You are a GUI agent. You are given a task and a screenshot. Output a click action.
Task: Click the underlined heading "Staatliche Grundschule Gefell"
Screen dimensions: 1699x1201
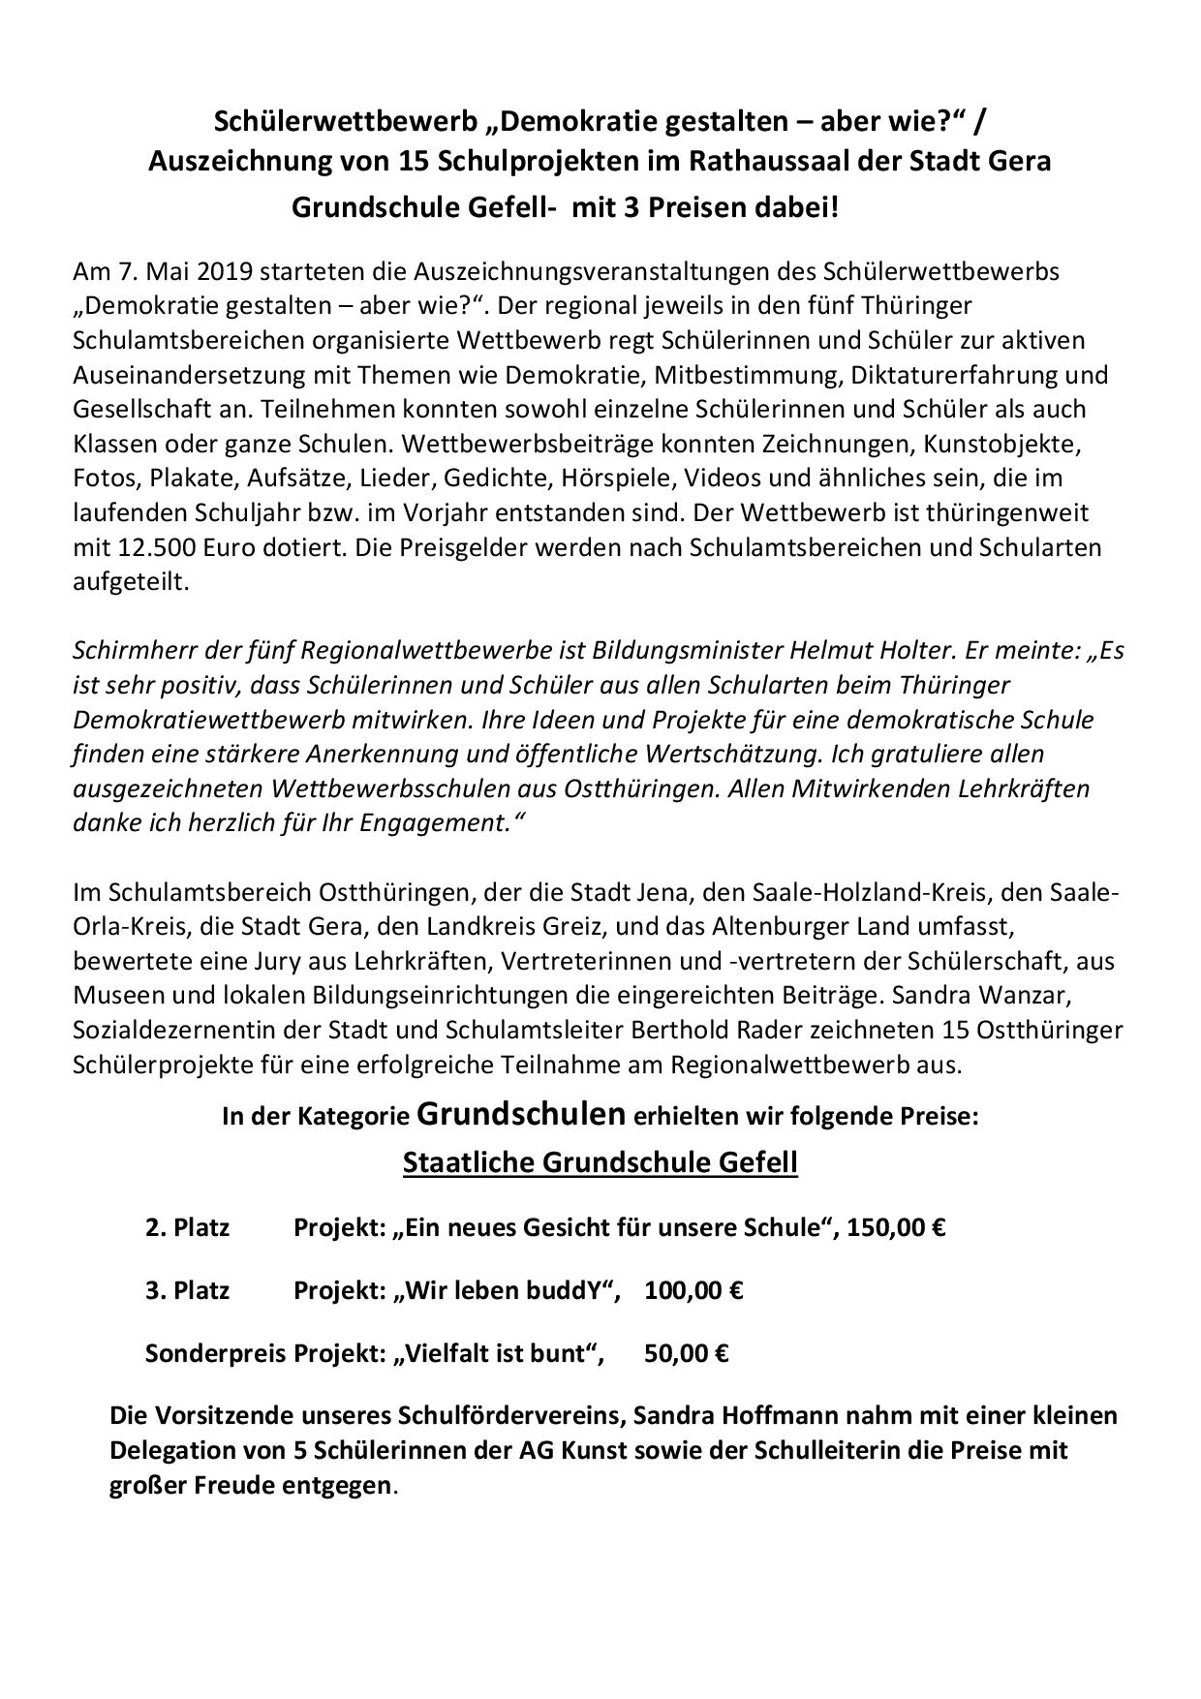pyautogui.click(x=600, y=1162)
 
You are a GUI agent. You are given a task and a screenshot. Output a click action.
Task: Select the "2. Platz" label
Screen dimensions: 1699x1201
pyautogui.click(x=187, y=1228)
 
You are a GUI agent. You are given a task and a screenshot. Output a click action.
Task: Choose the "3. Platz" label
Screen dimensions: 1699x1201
pyautogui.click(x=187, y=1290)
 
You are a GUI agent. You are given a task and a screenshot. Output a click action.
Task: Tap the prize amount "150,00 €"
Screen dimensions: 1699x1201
pyautogui.click(x=896, y=1228)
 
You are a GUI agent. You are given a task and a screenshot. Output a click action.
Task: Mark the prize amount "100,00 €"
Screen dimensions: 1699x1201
pyautogui.click(x=693, y=1290)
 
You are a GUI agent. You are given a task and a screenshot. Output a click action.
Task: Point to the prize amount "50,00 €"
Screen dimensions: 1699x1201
pyautogui.click(x=687, y=1353)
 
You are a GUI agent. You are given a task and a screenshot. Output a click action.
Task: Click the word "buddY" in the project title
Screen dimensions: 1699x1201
pyautogui.click(x=581, y=1290)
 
